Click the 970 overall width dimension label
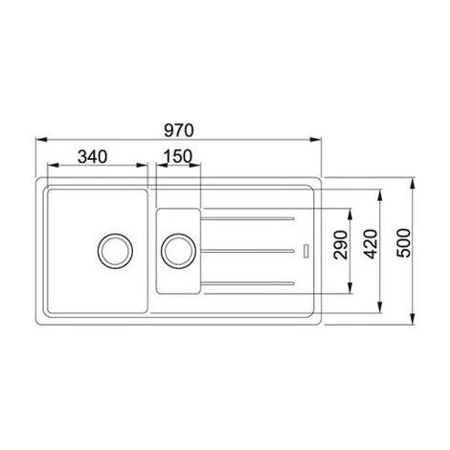click(179, 130)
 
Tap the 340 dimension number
click(93, 157)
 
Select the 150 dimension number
click(178, 156)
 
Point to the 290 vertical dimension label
click(340, 245)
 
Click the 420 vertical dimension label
click(371, 244)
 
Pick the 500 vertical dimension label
click(403, 243)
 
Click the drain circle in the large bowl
click(115, 251)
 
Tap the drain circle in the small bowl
click(178, 251)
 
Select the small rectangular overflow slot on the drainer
click(305, 251)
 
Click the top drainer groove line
click(247, 218)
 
